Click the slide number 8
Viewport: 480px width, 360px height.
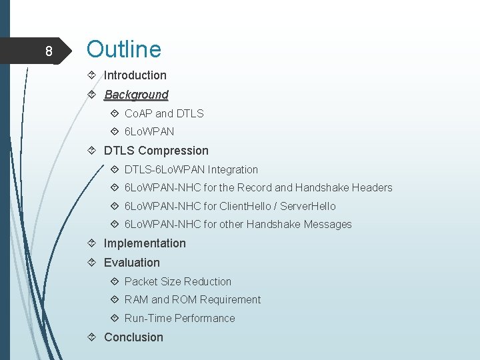pyautogui.click(x=48, y=51)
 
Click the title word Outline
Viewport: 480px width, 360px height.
pyautogui.click(x=124, y=49)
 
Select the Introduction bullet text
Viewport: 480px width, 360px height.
pyautogui.click(x=135, y=75)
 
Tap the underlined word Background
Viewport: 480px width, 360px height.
pyautogui.click(x=136, y=95)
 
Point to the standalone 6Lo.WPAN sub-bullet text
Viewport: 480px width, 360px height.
pyautogui.click(x=149, y=132)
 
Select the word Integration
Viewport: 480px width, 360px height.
pyautogui.click(x=233, y=169)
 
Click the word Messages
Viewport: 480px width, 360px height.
pyautogui.click(x=327, y=225)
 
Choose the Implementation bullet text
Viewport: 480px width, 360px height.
pyautogui.click(x=145, y=243)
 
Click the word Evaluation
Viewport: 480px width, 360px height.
pyautogui.click(x=132, y=263)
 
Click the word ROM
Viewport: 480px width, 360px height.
pyautogui.click(x=187, y=300)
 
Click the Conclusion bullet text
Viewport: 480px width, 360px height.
pyautogui.click(x=133, y=337)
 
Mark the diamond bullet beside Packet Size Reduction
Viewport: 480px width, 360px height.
pyautogui.click(x=116, y=281)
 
